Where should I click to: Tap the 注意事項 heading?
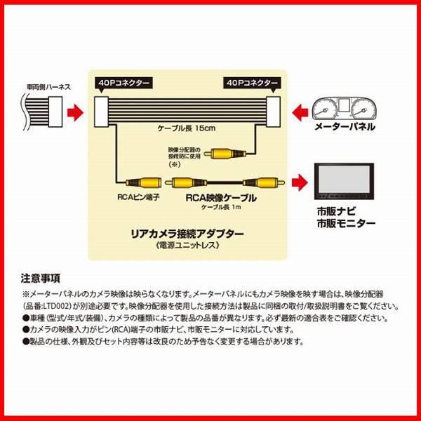(41, 277)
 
